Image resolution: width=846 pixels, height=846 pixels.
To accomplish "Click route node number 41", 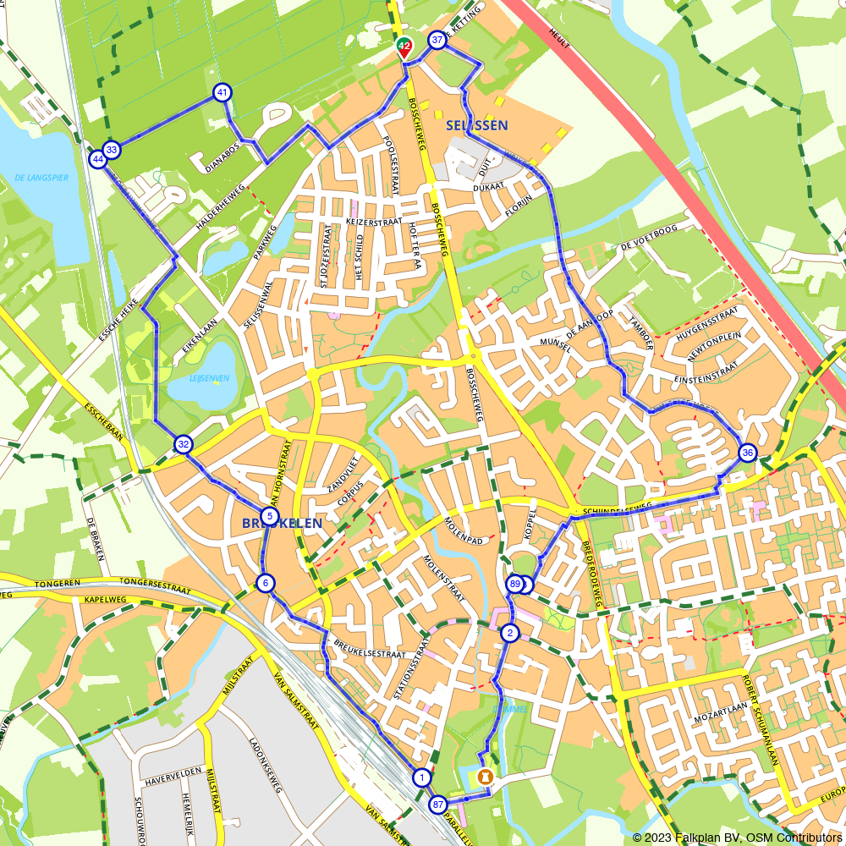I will coord(222,92).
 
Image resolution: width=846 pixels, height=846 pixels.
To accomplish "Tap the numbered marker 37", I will coord(437,41).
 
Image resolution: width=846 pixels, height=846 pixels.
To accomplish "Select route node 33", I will coord(112,151).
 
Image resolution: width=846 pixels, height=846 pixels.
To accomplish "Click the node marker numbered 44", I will coord(98,159).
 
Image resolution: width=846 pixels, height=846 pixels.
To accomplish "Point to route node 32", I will coord(184,444).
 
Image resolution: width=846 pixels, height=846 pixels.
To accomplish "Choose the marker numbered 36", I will coord(747,453).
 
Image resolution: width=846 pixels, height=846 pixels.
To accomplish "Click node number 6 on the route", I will coord(266,583).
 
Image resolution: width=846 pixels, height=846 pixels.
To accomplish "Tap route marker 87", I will coord(437,804).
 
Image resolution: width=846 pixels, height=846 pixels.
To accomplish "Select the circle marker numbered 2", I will coord(509,632).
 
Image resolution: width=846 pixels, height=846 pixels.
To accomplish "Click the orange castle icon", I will coord(485,777).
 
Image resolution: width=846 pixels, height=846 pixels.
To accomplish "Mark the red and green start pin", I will coord(404,48).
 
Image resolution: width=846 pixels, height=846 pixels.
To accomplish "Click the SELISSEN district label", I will coord(476,125).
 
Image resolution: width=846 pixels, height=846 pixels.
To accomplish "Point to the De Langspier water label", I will coord(41,178).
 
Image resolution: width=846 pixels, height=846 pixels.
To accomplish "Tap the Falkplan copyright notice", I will coord(737,837).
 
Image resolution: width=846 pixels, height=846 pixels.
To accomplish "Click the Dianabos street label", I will coord(222,157).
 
